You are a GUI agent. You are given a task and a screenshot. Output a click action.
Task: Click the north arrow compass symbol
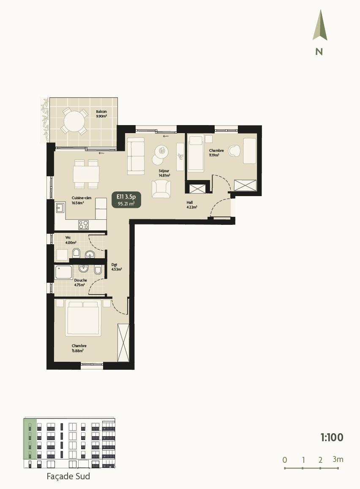(x=319, y=26)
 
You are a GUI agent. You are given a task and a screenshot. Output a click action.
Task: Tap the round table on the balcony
(x=74, y=121)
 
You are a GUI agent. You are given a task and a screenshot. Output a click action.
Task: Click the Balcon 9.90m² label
(x=101, y=114)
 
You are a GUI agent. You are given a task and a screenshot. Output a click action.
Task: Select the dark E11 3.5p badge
(x=126, y=199)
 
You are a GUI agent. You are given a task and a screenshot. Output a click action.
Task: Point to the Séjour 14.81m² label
(x=164, y=173)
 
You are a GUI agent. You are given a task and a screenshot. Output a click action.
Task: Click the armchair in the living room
(x=161, y=188)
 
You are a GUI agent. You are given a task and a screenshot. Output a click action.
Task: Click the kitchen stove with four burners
(x=84, y=224)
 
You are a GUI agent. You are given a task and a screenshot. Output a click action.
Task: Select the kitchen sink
(x=60, y=208)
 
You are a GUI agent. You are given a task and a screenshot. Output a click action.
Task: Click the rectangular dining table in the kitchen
(x=86, y=174)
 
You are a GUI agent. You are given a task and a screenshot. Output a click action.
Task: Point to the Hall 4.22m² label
(x=191, y=205)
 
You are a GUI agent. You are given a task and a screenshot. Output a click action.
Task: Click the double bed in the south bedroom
(x=83, y=318)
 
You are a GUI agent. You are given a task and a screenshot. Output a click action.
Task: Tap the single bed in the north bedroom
(x=195, y=153)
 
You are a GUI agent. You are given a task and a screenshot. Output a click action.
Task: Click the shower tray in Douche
(x=63, y=272)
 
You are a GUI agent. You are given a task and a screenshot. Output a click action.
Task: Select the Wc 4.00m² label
(x=70, y=241)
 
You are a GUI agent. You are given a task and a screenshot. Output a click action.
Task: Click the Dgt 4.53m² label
(x=116, y=267)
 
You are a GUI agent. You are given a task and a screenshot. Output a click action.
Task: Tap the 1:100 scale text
(x=332, y=437)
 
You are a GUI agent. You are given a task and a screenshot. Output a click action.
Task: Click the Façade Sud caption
(x=68, y=476)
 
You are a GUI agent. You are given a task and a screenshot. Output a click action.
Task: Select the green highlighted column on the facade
(x=30, y=439)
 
